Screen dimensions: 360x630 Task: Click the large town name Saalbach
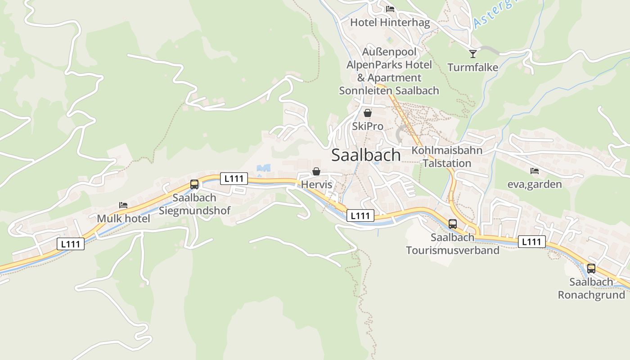pyautogui.click(x=366, y=155)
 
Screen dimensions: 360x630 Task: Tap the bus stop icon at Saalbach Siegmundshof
pyautogui.click(x=194, y=184)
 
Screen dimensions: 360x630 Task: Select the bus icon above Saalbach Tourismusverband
pyautogui.click(x=453, y=224)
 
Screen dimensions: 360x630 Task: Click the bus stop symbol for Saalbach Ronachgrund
pyautogui.click(x=591, y=268)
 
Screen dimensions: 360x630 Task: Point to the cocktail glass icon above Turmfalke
pyautogui.click(x=472, y=54)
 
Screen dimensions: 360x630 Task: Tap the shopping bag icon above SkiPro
pyautogui.click(x=368, y=113)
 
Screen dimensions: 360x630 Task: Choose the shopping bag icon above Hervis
pyautogui.click(x=316, y=171)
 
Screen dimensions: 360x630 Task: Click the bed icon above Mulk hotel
pyautogui.click(x=123, y=205)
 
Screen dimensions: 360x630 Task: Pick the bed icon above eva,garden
pyautogui.click(x=535, y=171)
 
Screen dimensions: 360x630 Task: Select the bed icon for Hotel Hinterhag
pyautogui.click(x=390, y=9)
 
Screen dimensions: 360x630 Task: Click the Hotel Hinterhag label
pyautogui.click(x=390, y=22)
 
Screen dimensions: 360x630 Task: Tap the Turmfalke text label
pyautogui.click(x=472, y=67)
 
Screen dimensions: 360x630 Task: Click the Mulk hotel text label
pyautogui.click(x=123, y=219)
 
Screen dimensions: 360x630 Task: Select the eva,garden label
pyautogui.click(x=535, y=184)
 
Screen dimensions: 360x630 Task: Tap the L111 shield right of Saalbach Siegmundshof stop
pyautogui.click(x=234, y=179)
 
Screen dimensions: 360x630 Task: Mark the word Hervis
pyautogui.click(x=316, y=184)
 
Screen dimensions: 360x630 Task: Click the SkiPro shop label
pyautogui.click(x=368, y=126)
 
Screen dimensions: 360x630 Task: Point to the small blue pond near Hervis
pyautogui.click(x=264, y=168)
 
